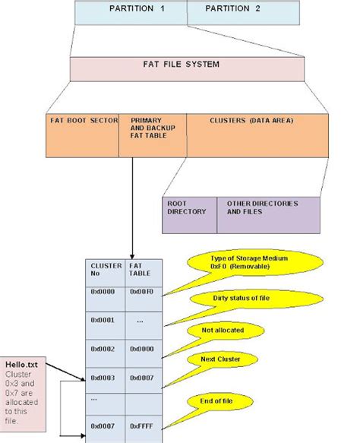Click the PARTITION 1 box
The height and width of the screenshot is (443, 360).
[130, 11]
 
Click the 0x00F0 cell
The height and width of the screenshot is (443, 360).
[144, 291]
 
